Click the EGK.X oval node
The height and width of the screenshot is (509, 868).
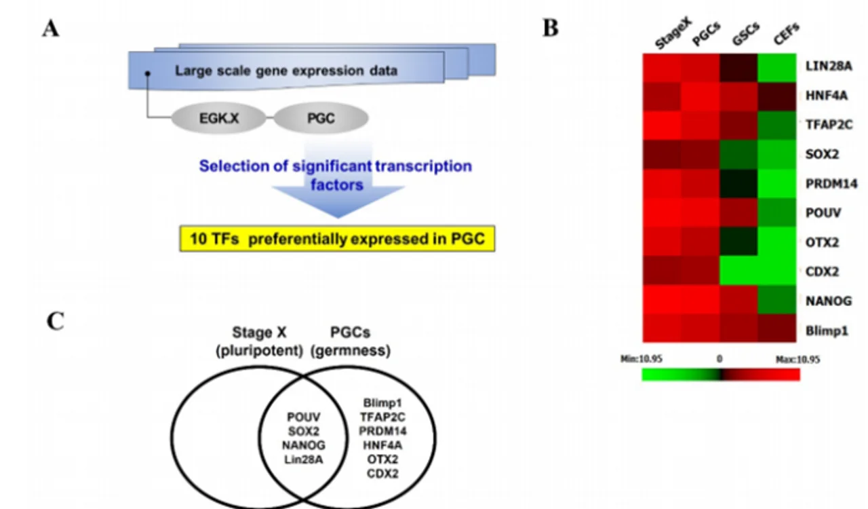pyautogui.click(x=218, y=118)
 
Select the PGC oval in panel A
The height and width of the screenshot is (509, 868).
pyautogui.click(x=321, y=118)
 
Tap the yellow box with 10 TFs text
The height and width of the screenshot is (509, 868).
pyautogui.click(x=337, y=239)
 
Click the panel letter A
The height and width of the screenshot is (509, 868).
pyautogui.click(x=51, y=29)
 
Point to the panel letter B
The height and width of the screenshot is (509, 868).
pyautogui.click(x=551, y=29)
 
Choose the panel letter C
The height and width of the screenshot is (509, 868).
pyautogui.click(x=56, y=322)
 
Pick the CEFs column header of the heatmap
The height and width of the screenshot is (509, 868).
pyautogui.click(x=786, y=34)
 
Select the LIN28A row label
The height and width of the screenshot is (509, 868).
pyautogui.click(x=829, y=67)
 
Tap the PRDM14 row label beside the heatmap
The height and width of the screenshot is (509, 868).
pyautogui.click(x=831, y=183)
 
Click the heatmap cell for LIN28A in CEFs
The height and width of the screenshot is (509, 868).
pyautogui.click(x=777, y=68)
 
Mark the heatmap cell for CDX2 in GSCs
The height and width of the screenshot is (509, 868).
pyautogui.click(x=738, y=271)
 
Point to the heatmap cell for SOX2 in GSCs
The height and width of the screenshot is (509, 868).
pyautogui.click(x=738, y=155)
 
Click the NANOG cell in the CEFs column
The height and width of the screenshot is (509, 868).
pyautogui.click(x=777, y=300)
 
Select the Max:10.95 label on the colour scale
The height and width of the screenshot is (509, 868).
pyautogui.click(x=797, y=360)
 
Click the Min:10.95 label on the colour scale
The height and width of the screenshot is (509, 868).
pyautogui.click(x=642, y=359)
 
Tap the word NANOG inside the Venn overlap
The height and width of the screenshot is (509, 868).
pyautogui.click(x=304, y=445)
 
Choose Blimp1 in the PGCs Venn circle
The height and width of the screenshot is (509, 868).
pyautogui.click(x=382, y=403)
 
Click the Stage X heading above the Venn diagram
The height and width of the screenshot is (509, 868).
pyautogui.click(x=259, y=333)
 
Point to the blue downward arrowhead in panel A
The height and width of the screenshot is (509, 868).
pyautogui.click(x=338, y=202)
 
